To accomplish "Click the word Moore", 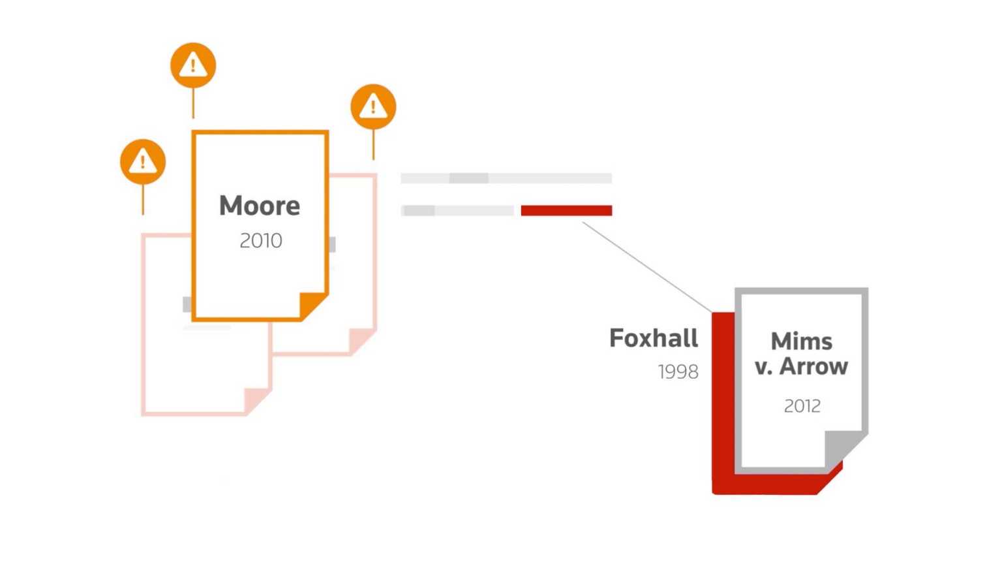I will click(x=260, y=206).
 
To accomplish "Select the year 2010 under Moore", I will click(x=261, y=241).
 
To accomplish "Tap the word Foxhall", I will click(x=654, y=338).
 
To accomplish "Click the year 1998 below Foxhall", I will click(x=678, y=372).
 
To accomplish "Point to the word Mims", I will click(x=801, y=341).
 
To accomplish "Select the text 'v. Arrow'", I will click(x=801, y=367).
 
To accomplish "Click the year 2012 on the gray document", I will click(x=802, y=406).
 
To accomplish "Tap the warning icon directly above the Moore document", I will click(x=193, y=65).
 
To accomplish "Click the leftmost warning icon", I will click(x=143, y=161).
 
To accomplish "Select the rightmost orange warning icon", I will click(x=373, y=106).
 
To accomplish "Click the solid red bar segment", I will click(x=566, y=210).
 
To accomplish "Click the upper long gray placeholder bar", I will click(x=506, y=178).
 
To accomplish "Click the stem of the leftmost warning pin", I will click(x=143, y=199).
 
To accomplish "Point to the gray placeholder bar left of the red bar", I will click(x=457, y=210).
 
